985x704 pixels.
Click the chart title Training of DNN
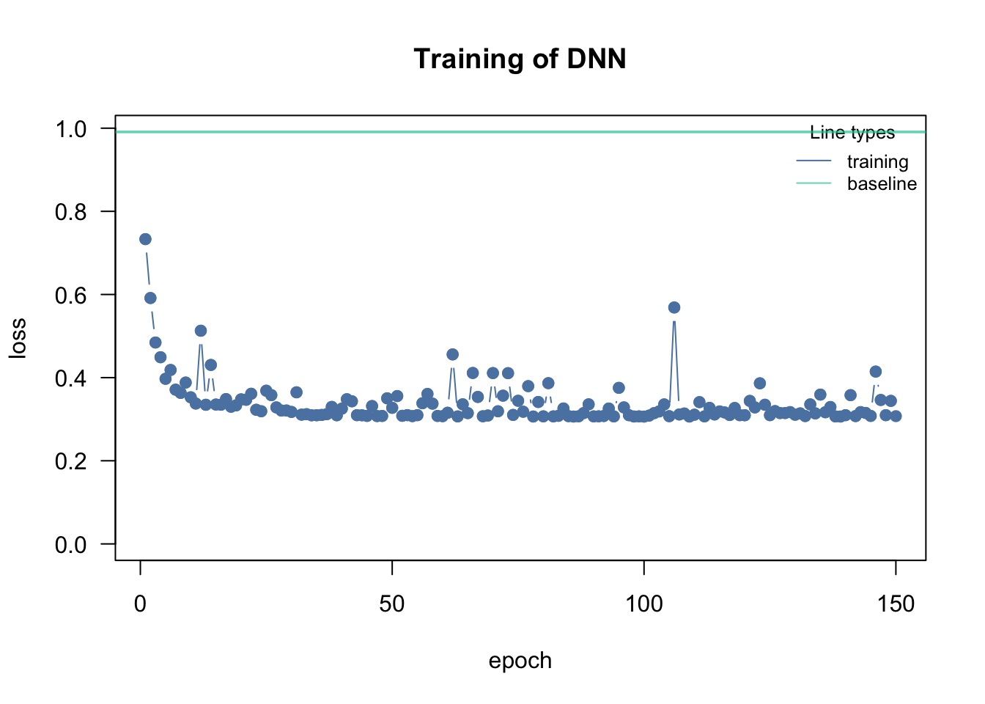point(520,59)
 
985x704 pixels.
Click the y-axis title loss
point(18,338)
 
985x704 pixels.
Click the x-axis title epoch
point(520,661)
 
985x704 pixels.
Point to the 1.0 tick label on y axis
point(71,129)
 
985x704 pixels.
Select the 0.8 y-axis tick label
point(71,212)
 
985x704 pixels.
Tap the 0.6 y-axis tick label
point(71,296)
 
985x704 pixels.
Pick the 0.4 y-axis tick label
point(71,378)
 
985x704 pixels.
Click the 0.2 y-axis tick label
point(71,461)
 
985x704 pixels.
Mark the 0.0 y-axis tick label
point(71,545)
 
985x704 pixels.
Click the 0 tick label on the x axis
point(140,604)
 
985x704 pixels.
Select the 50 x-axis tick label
point(392,604)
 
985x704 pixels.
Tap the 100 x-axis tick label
point(643,604)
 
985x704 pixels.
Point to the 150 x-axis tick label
point(896,604)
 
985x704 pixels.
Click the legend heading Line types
point(852,133)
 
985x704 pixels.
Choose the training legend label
point(878,161)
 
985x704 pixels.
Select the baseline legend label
point(882,183)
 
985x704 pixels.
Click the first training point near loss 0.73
point(146,239)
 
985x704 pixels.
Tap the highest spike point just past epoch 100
point(674,307)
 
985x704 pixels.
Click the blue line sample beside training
point(814,161)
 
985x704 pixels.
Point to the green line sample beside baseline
point(814,183)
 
